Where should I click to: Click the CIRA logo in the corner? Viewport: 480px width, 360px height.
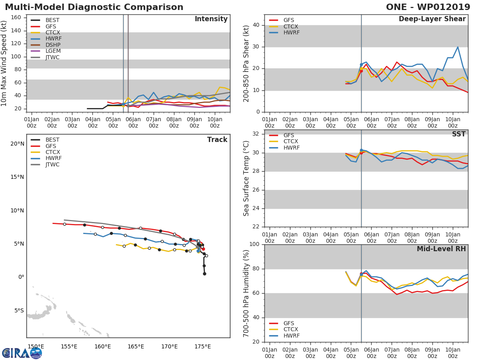(22, 353)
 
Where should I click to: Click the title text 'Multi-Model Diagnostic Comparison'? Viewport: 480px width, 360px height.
(94, 7)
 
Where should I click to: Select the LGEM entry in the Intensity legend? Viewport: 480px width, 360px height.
(53, 51)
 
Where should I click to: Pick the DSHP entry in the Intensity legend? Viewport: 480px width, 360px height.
(53, 45)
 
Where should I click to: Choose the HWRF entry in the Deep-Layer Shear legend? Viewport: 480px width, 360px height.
(291, 32)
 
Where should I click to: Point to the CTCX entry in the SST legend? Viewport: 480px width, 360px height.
(291, 141)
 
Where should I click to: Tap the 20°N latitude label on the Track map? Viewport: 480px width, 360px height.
(17, 144)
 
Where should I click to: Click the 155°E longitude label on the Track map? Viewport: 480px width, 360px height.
(69, 346)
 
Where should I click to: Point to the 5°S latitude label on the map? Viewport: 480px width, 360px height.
(17, 310)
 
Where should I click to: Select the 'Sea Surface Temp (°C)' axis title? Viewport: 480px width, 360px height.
(246, 178)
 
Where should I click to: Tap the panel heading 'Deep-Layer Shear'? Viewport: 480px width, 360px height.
(432, 19)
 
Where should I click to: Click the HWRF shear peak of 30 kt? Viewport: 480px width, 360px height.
(458, 47)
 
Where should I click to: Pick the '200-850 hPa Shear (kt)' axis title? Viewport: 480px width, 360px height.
(246, 63)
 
